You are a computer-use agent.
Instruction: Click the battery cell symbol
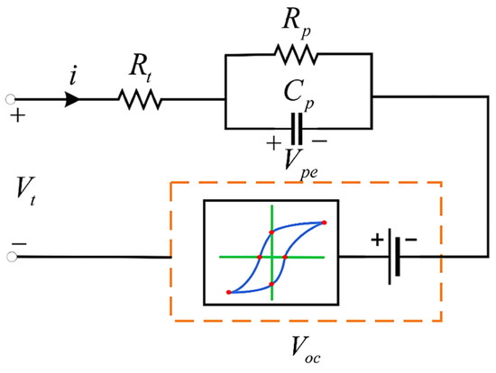[392, 257]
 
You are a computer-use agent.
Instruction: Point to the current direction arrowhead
[87, 99]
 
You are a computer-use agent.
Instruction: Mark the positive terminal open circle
[11, 99]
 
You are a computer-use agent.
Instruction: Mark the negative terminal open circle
[11, 257]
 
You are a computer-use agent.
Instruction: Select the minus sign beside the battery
[411, 240]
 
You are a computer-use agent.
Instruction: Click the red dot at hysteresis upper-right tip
[324, 222]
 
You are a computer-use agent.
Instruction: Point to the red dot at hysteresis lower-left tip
[228, 292]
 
